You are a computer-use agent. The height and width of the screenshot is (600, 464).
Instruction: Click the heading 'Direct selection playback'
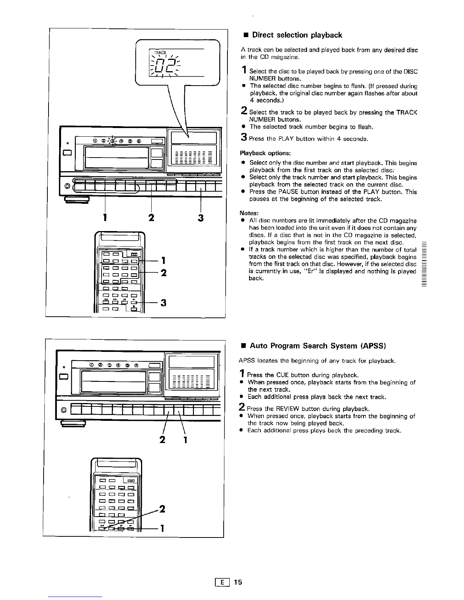(x=297, y=35)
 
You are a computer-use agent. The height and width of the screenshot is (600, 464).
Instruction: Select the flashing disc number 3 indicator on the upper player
(x=113, y=141)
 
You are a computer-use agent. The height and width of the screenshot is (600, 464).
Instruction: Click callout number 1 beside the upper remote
(x=163, y=260)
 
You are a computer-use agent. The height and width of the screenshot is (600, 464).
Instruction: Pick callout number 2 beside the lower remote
(x=162, y=509)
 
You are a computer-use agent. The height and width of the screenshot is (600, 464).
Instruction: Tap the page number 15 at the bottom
(x=238, y=582)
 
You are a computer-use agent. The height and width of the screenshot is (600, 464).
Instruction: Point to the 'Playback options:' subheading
(x=265, y=153)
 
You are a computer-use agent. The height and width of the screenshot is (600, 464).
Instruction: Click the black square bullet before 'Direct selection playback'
(x=245, y=36)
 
